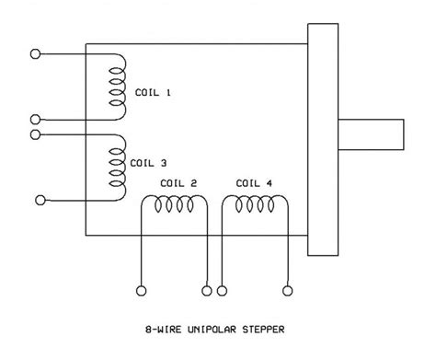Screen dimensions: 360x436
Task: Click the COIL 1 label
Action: click(154, 93)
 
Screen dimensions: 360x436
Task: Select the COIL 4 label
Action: click(254, 182)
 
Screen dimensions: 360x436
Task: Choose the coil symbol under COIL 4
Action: click(251, 208)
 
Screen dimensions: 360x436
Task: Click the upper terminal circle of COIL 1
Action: click(36, 53)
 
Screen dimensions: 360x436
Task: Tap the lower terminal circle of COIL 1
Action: click(35, 119)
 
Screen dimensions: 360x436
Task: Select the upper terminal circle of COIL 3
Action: click(35, 134)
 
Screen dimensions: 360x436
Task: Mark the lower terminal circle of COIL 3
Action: click(40, 199)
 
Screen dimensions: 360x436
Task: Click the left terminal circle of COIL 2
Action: click(141, 291)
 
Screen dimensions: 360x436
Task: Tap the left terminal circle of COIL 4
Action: click(222, 291)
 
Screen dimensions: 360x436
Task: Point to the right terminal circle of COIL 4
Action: click(290, 291)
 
